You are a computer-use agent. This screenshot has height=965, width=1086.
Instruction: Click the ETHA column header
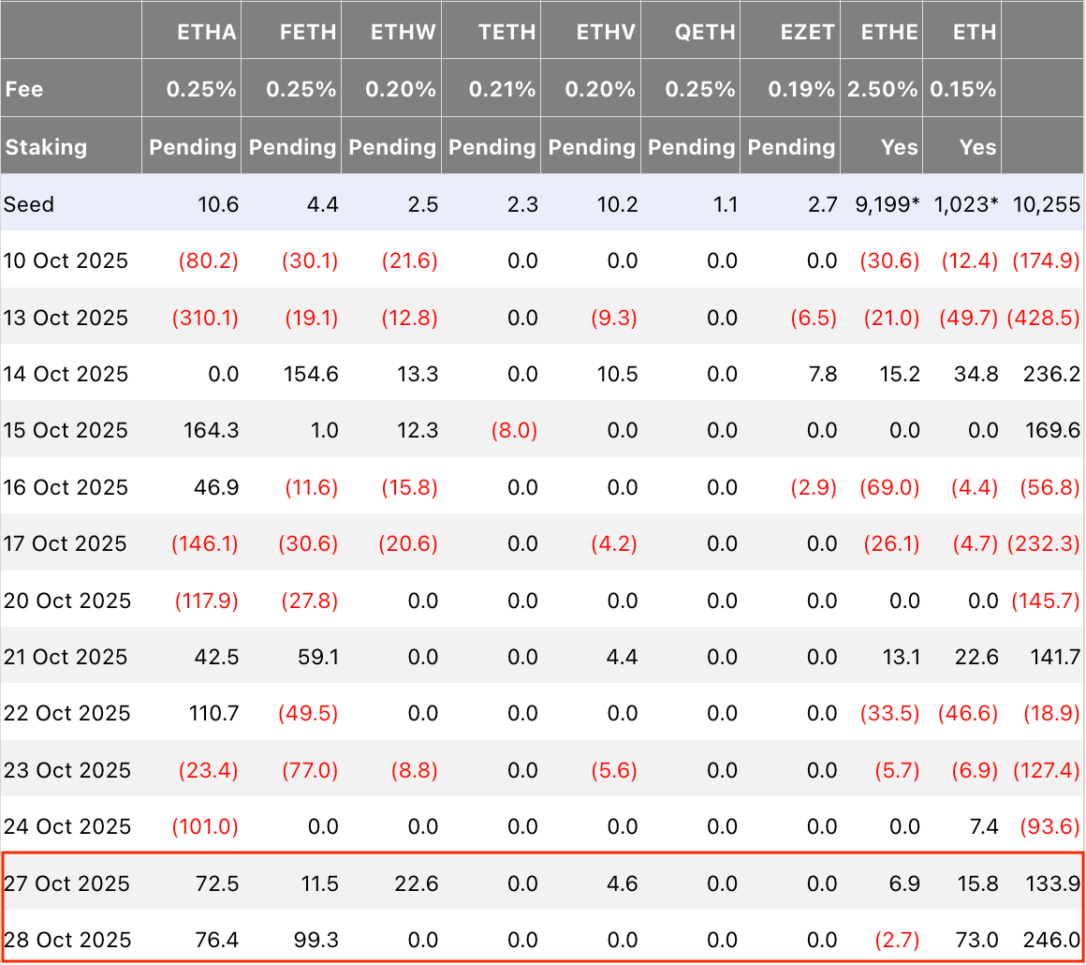click(206, 32)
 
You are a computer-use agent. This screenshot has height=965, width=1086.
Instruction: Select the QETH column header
click(705, 32)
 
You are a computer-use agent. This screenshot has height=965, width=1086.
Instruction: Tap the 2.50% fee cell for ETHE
click(882, 89)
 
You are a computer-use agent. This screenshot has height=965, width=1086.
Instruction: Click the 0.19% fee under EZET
click(801, 89)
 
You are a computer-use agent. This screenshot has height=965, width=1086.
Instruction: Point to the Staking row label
click(47, 147)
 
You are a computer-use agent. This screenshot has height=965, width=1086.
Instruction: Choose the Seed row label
click(28, 204)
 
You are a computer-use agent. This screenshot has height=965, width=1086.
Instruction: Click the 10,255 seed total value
click(1047, 204)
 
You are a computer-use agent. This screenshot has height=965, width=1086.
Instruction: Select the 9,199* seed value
click(888, 204)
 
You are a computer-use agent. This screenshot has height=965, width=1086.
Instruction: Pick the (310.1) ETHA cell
click(205, 318)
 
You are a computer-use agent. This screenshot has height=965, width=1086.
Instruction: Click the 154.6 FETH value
click(311, 375)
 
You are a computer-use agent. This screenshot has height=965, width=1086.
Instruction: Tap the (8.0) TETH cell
click(514, 431)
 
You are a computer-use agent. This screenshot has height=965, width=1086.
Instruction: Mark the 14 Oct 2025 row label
click(66, 375)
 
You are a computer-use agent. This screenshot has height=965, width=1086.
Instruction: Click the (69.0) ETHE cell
click(889, 487)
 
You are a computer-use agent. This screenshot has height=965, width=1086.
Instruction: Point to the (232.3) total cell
click(1044, 543)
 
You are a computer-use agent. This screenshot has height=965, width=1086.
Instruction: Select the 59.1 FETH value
click(318, 657)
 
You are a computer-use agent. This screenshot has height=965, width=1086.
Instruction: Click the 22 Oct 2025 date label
click(66, 713)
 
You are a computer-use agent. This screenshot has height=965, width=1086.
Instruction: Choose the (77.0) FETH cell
click(310, 770)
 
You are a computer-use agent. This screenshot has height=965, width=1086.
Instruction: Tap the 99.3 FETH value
click(316, 940)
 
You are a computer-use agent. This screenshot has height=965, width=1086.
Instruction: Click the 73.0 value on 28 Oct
click(977, 940)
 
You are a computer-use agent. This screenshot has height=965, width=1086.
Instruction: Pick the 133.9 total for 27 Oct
click(1052, 883)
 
